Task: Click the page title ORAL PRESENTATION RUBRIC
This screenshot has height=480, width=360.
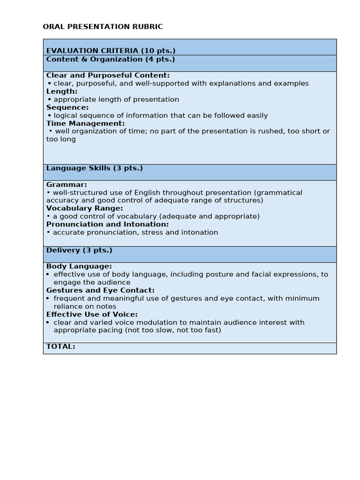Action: [103, 27]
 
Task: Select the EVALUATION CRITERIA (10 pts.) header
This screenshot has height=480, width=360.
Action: [111, 51]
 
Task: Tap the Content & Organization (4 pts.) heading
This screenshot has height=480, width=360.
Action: [110, 59]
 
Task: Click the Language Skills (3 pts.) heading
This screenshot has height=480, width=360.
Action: [94, 168]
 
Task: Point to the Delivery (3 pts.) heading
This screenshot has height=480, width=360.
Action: [79, 250]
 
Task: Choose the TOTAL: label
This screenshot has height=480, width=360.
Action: [60, 346]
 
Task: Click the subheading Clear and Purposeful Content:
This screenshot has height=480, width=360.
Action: [108, 75]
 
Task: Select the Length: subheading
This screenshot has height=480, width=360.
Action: [62, 91]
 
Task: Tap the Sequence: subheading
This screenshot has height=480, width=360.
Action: [67, 107]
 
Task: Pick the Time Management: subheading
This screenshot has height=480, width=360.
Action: [85, 123]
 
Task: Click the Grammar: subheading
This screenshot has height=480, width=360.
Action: [67, 185]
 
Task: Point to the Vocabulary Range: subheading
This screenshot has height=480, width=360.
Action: [84, 208]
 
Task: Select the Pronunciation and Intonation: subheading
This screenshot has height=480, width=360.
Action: [107, 224]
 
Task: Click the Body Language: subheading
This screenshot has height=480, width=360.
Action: [79, 266]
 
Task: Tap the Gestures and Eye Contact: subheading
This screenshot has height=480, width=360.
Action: [100, 290]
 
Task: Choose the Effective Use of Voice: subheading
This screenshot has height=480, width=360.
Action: [92, 315]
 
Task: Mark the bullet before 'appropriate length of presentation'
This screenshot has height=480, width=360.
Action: [49, 99]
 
